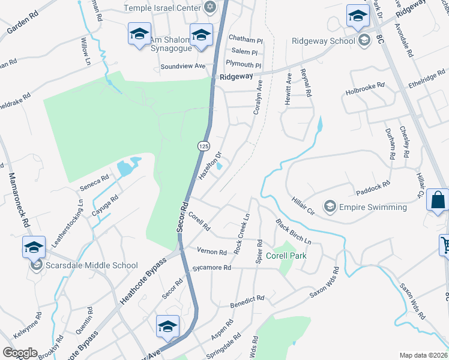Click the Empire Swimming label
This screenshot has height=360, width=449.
[373, 208]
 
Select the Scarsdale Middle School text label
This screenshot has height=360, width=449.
[91, 265]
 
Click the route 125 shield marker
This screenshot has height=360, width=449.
[203, 146]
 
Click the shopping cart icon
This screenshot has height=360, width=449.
[445, 245]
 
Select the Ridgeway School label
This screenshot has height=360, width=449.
[323, 41]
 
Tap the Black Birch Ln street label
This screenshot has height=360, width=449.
[294, 231]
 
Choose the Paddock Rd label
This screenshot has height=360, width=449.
[373, 187]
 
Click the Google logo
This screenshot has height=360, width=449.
[19, 353]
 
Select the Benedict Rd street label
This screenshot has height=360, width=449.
[247, 301]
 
